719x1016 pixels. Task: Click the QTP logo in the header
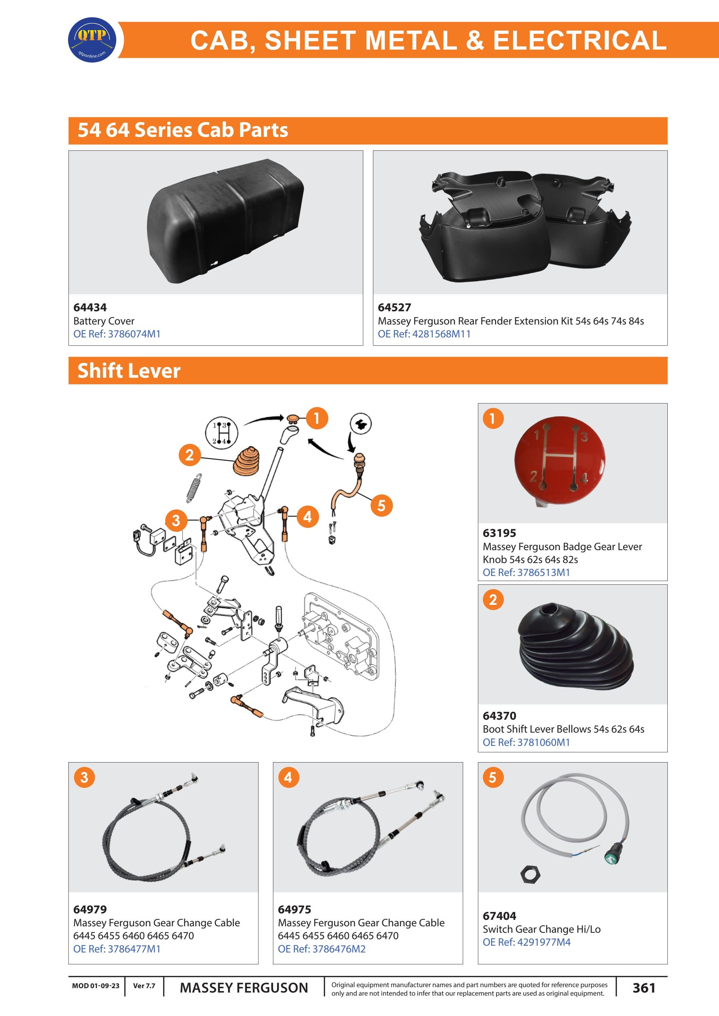[92, 40]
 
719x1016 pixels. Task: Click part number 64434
[90, 307]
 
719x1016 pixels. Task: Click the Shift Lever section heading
[129, 371]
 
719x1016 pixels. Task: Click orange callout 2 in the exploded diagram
[189, 455]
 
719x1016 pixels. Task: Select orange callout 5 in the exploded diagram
[381, 505]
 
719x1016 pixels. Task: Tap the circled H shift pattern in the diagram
[221, 432]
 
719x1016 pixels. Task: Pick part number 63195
[499, 533]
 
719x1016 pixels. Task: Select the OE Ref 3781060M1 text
[526, 742]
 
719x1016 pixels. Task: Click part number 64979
[90, 909]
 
